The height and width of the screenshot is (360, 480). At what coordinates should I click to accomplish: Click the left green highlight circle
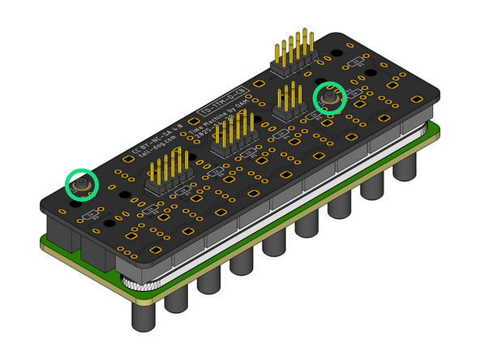tap(81, 185)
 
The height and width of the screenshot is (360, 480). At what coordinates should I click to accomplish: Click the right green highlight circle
tap(330, 97)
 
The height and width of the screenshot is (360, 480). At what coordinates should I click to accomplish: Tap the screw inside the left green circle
tap(81, 186)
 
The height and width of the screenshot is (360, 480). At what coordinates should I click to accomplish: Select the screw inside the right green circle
tap(329, 99)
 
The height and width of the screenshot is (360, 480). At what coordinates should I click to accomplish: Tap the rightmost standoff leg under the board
tap(406, 165)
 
